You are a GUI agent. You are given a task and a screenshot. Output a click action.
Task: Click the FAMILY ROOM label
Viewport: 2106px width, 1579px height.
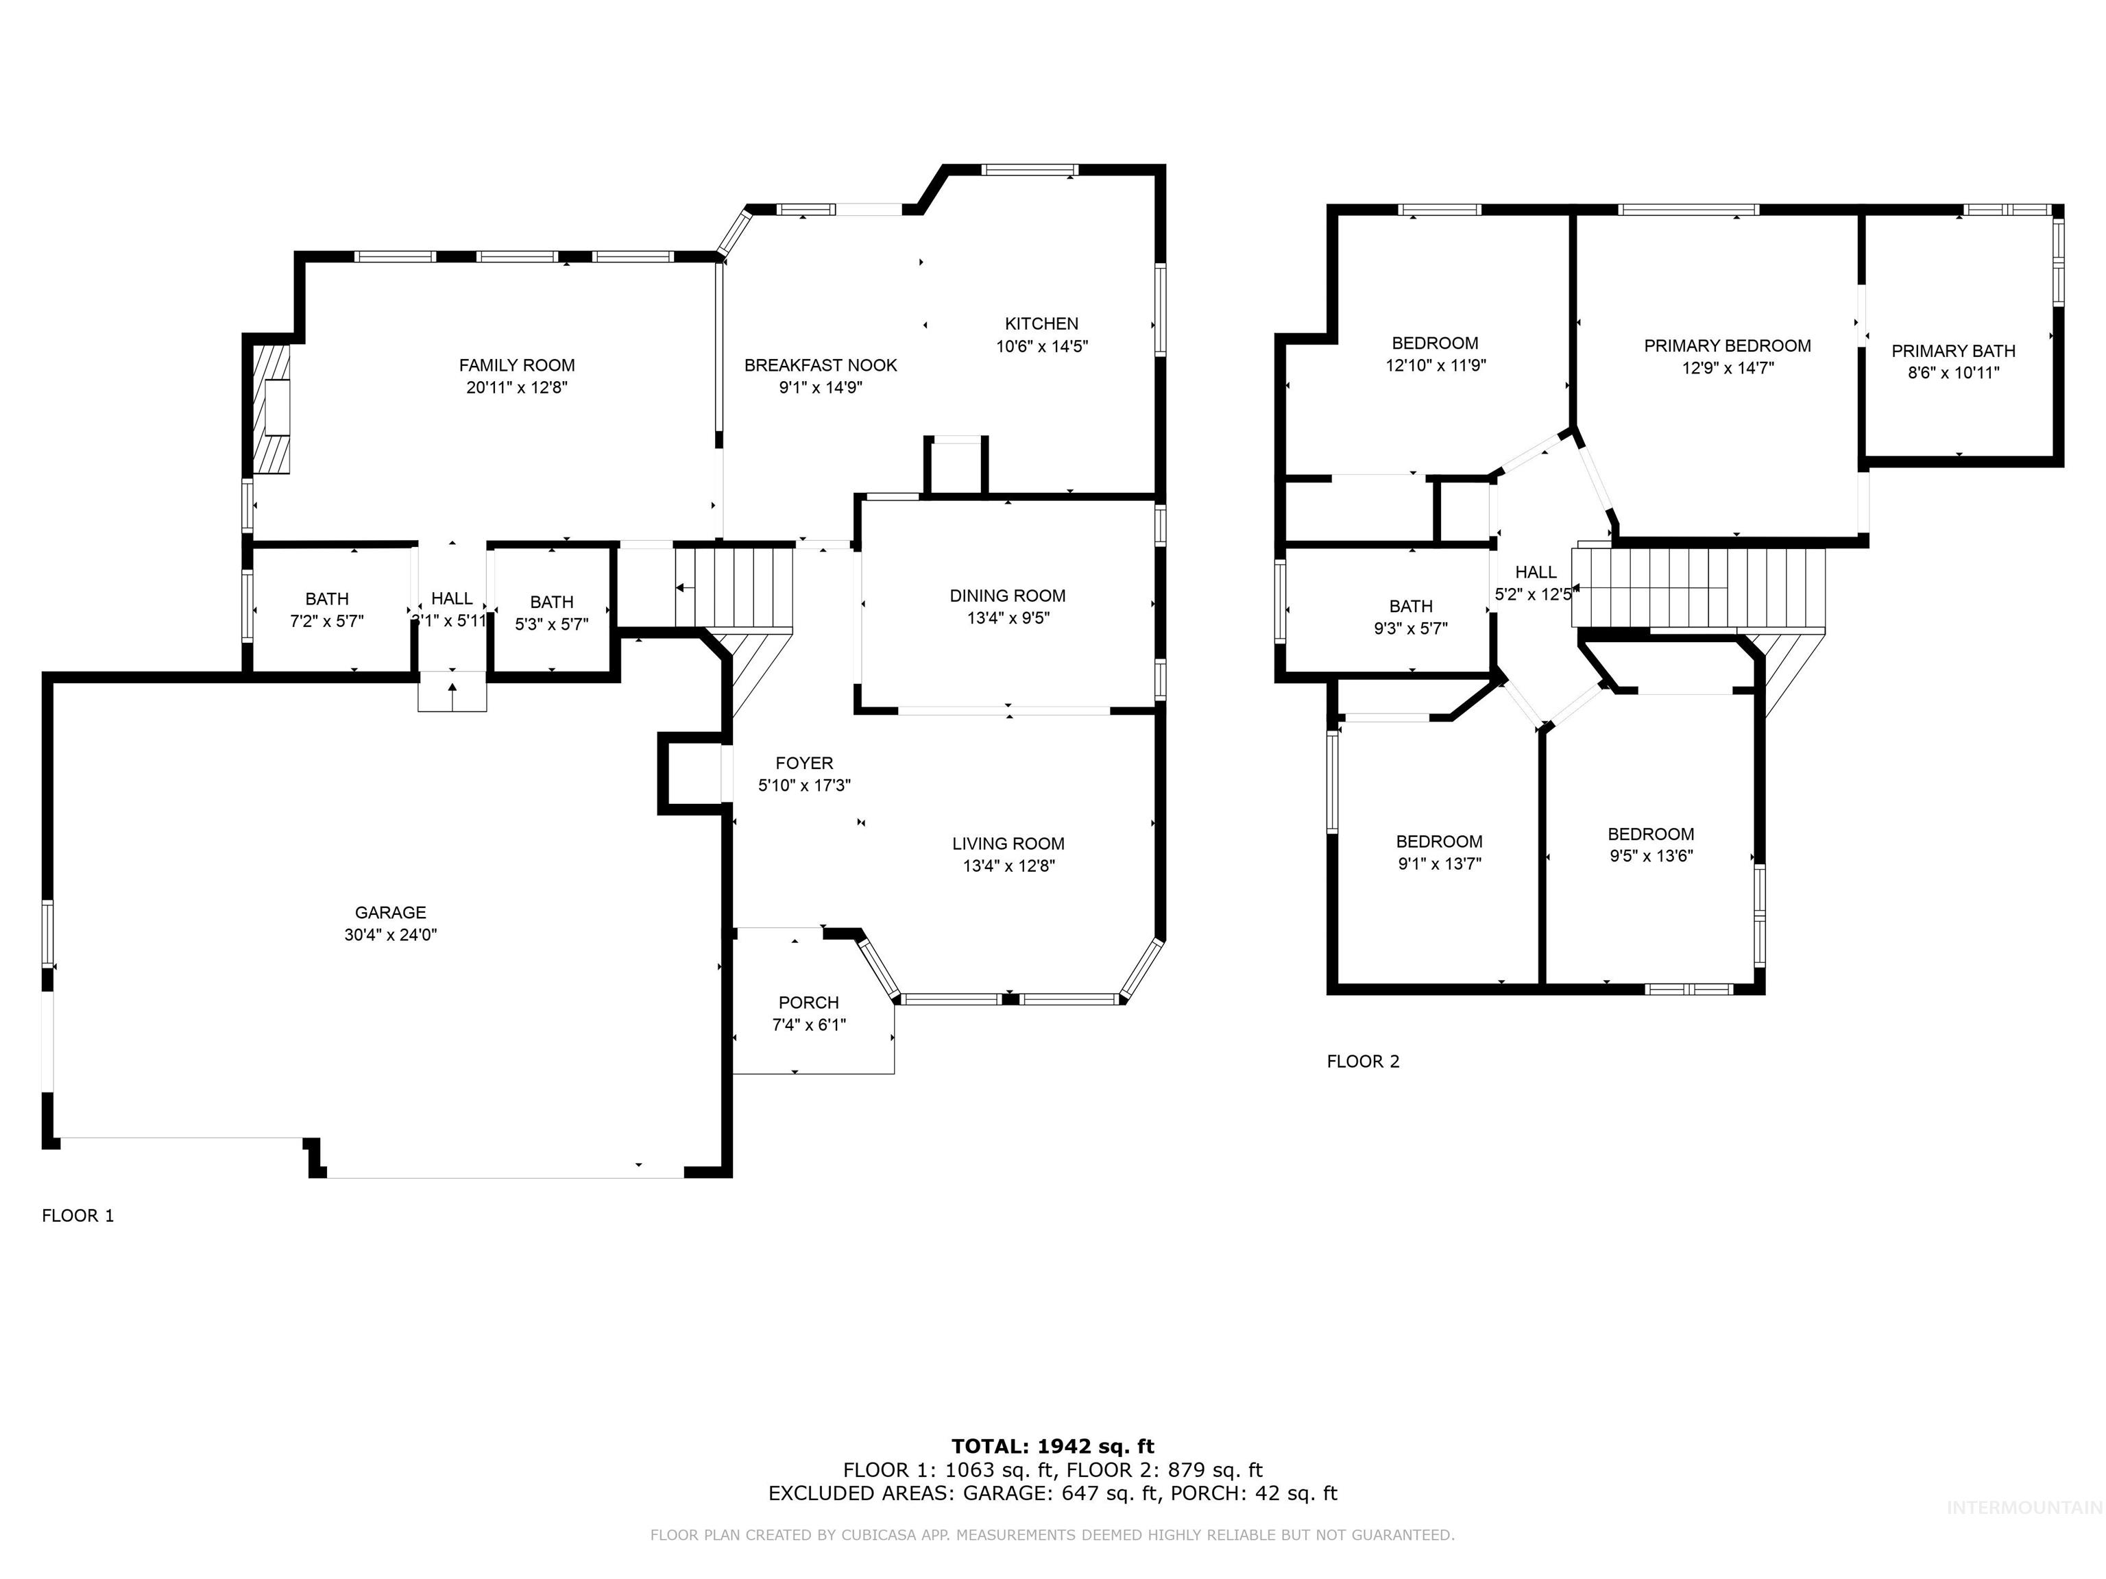516,365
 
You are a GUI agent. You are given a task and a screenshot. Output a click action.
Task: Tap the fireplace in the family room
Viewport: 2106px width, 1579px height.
271,407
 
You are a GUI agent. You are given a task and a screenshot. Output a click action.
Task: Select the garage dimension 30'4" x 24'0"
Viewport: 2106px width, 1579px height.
390,935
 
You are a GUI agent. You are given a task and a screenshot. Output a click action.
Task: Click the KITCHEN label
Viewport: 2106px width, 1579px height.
1041,323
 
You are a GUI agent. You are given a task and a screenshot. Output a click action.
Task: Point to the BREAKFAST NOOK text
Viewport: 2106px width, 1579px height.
820,365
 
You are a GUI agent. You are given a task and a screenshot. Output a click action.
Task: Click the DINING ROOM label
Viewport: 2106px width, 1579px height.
1007,596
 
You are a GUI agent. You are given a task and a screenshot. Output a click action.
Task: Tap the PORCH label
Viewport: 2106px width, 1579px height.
808,1002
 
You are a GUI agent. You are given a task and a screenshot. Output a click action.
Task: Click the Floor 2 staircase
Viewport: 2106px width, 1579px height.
1699,587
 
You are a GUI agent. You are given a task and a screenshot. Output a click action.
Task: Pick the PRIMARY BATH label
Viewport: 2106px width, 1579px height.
1952,351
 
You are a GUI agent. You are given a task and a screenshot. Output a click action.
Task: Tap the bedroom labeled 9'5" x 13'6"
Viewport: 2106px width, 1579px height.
1650,844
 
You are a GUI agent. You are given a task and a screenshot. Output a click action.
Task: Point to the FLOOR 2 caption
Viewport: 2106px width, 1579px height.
1362,1061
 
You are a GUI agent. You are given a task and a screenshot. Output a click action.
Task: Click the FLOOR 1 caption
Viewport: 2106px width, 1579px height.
78,1215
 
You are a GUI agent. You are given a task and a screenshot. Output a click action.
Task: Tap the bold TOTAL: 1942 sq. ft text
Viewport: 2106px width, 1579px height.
1052,1447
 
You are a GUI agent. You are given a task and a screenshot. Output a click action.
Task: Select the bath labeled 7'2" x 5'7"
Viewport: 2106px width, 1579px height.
326,610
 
